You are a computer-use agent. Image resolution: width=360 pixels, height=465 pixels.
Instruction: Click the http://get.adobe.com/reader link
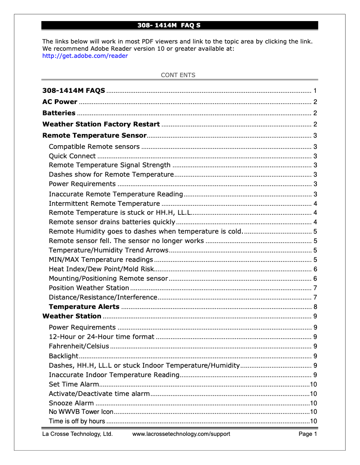[x=85, y=56]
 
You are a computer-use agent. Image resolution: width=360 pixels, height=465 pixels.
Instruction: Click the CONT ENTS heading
[x=178, y=75]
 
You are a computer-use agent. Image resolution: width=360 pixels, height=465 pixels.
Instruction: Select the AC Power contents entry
[x=60, y=102]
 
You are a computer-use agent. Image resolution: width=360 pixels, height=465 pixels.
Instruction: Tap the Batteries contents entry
[x=59, y=113]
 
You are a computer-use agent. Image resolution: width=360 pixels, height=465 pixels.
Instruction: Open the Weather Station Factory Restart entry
[x=101, y=124]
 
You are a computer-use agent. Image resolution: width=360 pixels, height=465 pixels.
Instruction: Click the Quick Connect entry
[x=72, y=156]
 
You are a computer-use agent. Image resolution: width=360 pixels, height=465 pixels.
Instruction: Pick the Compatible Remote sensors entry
[x=94, y=147]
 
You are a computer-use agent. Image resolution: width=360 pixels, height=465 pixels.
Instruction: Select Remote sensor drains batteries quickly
[x=112, y=222]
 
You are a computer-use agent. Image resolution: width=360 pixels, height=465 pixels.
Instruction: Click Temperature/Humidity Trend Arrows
[x=109, y=250]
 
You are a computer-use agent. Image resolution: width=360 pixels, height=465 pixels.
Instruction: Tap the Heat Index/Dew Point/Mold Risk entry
[x=101, y=269]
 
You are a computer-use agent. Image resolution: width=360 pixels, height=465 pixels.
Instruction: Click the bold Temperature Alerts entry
[x=84, y=307]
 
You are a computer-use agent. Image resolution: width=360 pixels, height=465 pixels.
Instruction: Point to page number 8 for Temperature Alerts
[x=316, y=307]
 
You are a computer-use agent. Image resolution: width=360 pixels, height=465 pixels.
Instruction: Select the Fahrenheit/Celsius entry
[x=79, y=346]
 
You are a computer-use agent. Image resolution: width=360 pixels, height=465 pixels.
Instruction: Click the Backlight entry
[x=63, y=356]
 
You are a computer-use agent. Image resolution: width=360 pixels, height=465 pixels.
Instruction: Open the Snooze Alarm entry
[x=71, y=403]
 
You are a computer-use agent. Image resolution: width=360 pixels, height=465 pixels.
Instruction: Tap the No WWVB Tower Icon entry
[x=81, y=412]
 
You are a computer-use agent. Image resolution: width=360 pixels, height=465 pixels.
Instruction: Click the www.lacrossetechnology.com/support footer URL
[x=181, y=434]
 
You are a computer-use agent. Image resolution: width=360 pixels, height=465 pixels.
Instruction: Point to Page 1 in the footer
[x=308, y=434]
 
